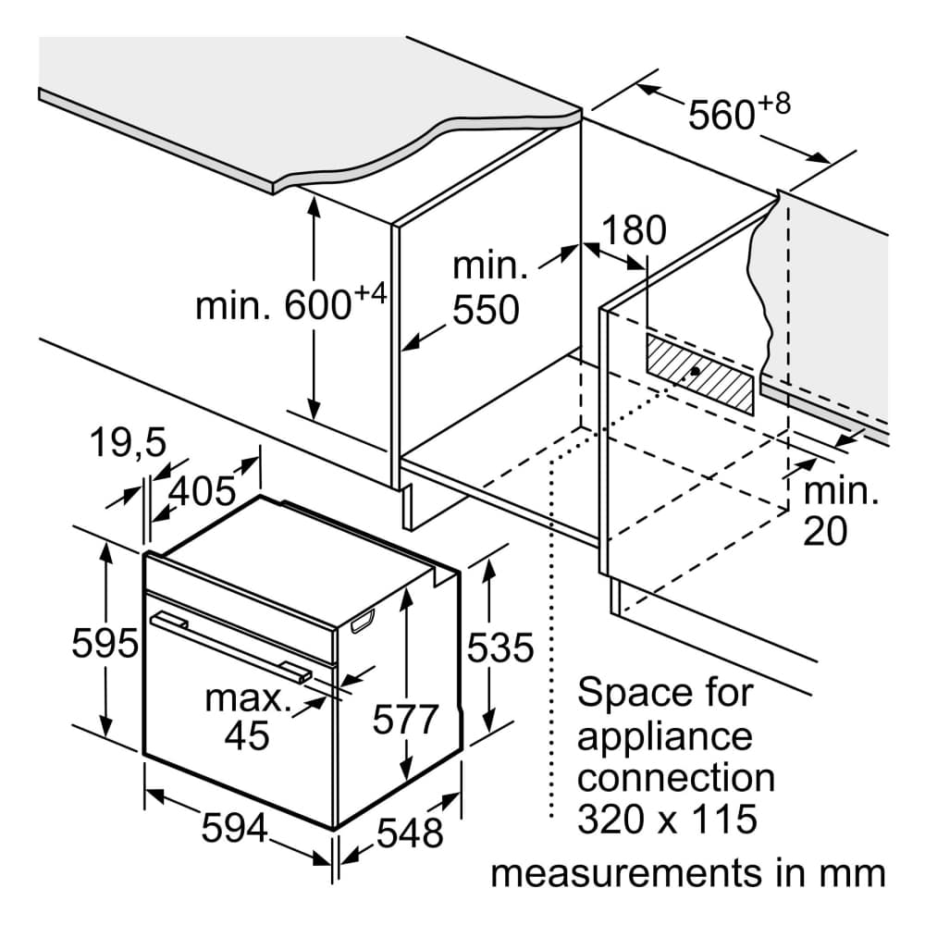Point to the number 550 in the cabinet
pos(486,311)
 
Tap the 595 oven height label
pos(104,644)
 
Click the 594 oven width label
pos(235,826)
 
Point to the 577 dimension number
pos(404,719)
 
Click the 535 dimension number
pos(500,647)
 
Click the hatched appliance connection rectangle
pos(699,373)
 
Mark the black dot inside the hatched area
pos(695,372)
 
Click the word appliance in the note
pos(664,736)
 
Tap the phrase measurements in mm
pos(688,872)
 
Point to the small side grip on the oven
pos(363,623)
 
